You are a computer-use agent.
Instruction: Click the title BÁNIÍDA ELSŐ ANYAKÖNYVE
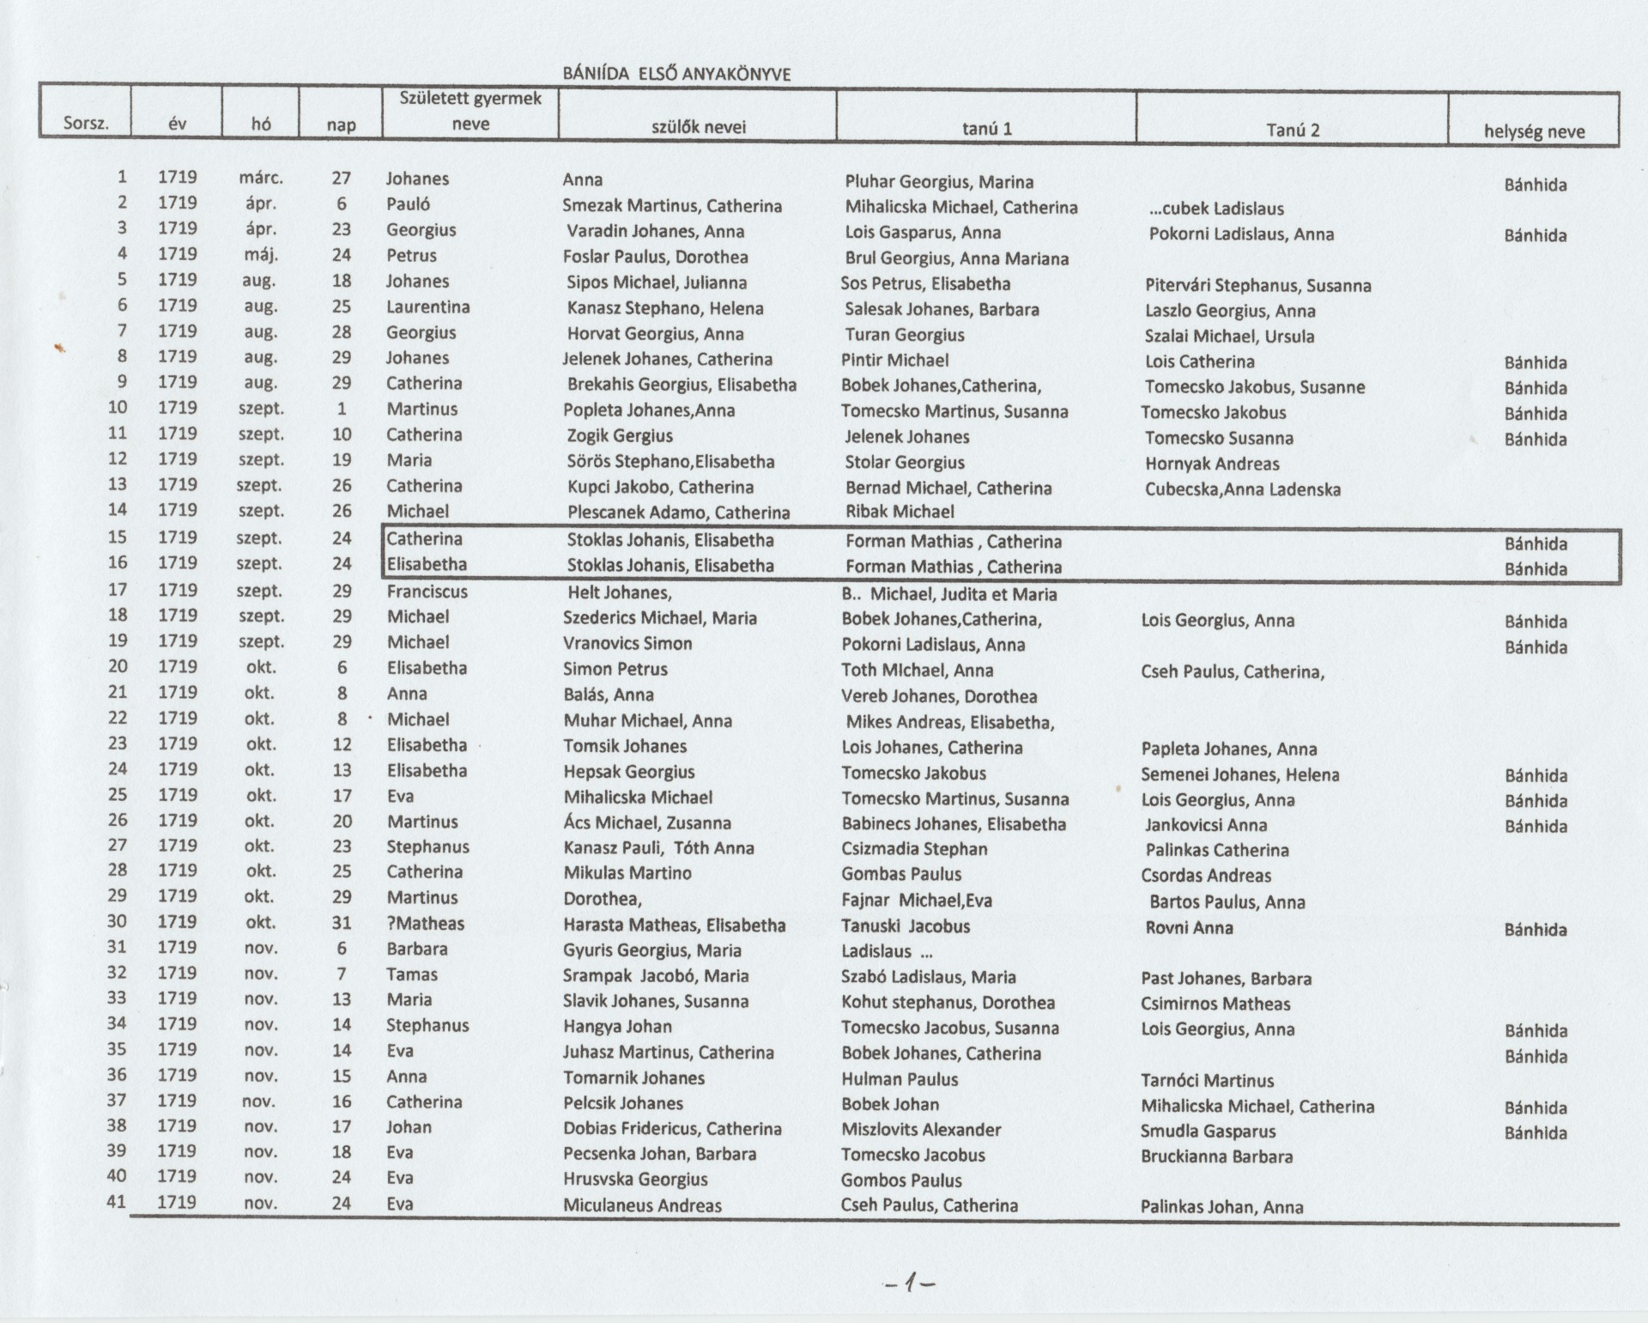(676, 74)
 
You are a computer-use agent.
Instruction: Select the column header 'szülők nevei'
(698, 128)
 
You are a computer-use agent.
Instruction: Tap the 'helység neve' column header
(1534, 131)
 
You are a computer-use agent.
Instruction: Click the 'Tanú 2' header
(1292, 130)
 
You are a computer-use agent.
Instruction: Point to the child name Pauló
(408, 204)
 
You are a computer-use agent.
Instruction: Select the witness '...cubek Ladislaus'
(1216, 209)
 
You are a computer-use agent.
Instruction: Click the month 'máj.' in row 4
(261, 255)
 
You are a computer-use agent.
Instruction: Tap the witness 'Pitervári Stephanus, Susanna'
(1257, 286)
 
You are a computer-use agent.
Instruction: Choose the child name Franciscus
(427, 592)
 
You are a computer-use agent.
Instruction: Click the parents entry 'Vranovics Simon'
(627, 644)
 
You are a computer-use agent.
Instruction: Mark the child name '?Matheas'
(425, 924)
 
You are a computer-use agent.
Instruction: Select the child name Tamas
(412, 974)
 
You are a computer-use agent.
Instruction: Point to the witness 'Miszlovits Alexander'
(921, 1130)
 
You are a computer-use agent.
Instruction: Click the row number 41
(116, 1202)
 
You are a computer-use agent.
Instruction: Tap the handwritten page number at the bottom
(909, 1284)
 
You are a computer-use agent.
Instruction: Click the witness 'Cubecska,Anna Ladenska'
(1242, 489)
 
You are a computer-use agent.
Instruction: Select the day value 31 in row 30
(342, 923)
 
